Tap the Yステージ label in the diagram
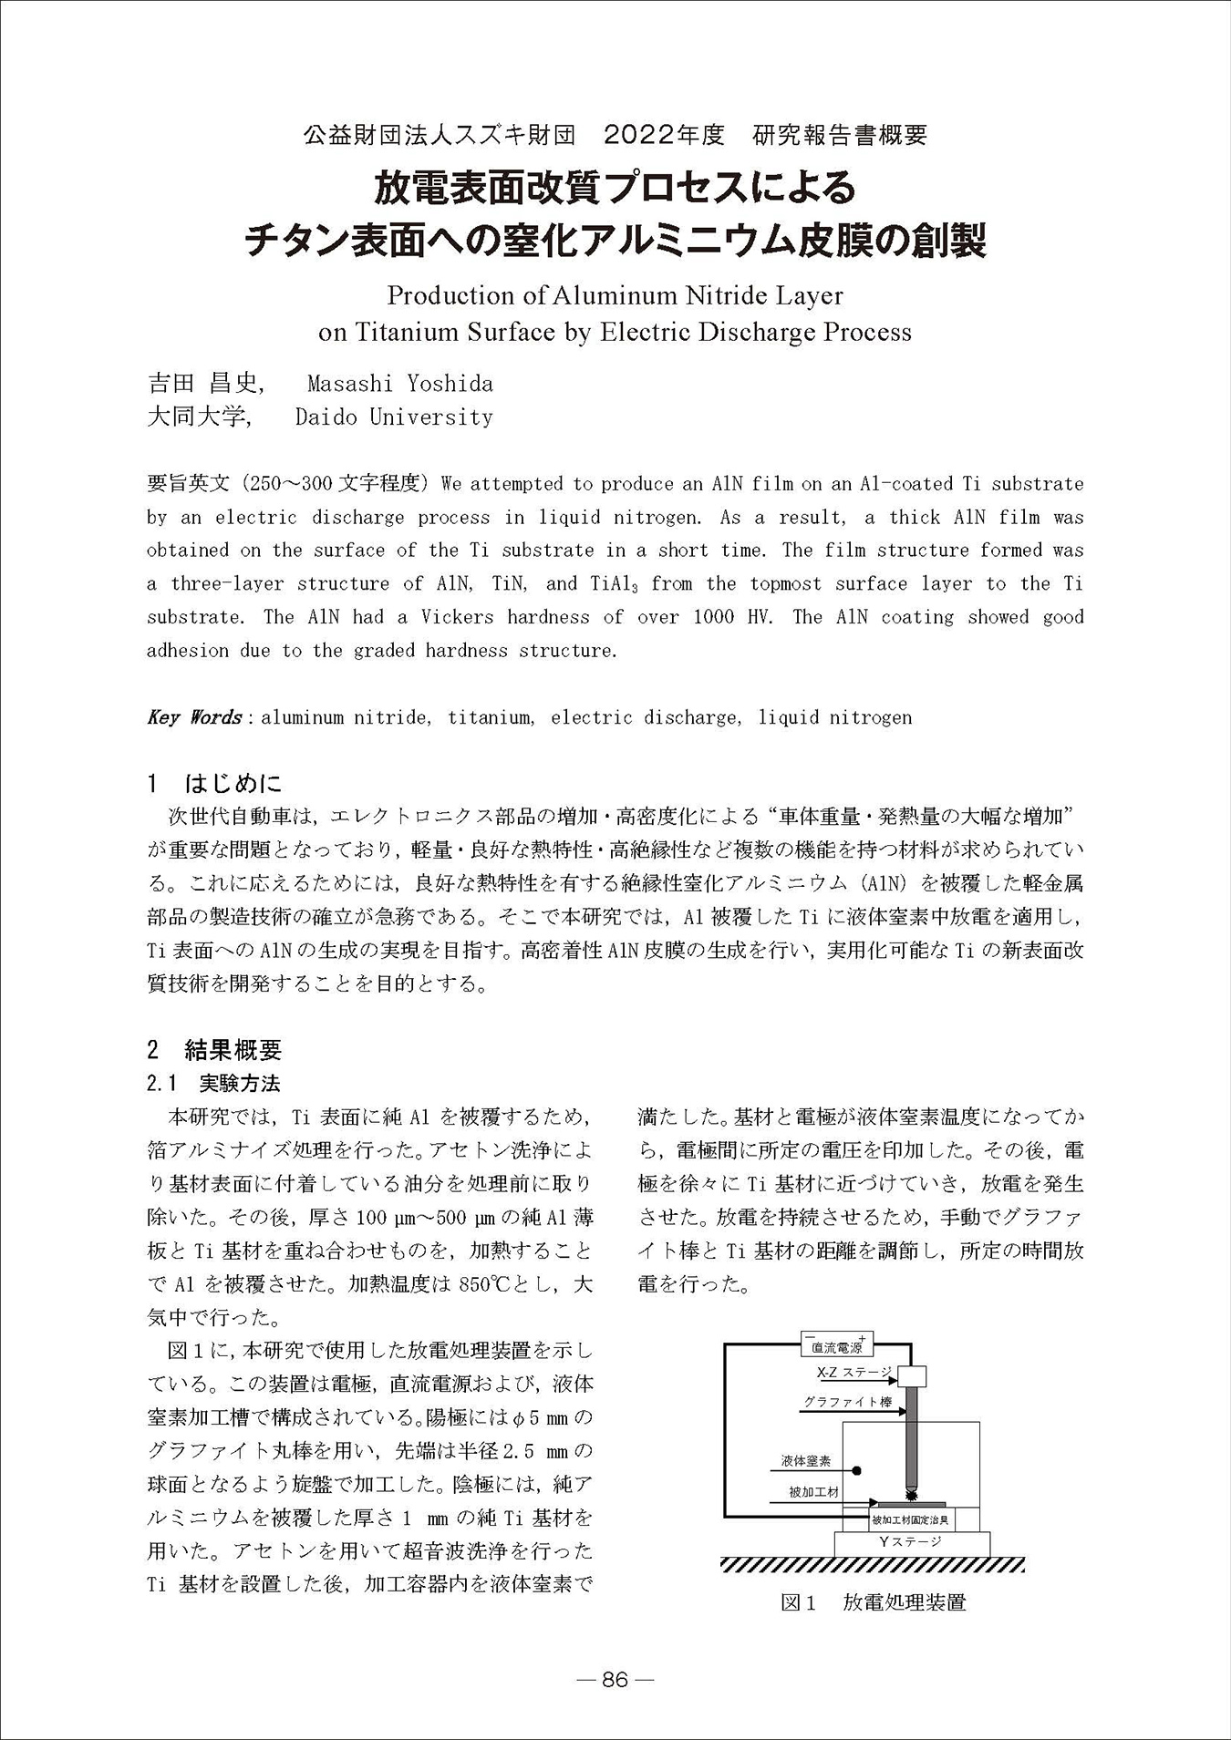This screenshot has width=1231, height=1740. (909, 1541)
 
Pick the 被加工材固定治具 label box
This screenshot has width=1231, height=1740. (911, 1519)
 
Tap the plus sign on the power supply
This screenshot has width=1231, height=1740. (863, 1335)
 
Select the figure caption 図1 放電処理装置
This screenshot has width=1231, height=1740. (873, 1602)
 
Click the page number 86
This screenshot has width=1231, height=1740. (615, 1680)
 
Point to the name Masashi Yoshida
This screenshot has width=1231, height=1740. (400, 384)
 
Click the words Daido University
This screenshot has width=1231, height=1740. (394, 417)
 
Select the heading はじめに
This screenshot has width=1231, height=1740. (233, 783)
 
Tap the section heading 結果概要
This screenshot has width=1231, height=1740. (233, 1050)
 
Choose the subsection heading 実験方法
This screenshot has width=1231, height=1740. (240, 1083)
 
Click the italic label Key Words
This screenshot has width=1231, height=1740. (193, 717)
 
